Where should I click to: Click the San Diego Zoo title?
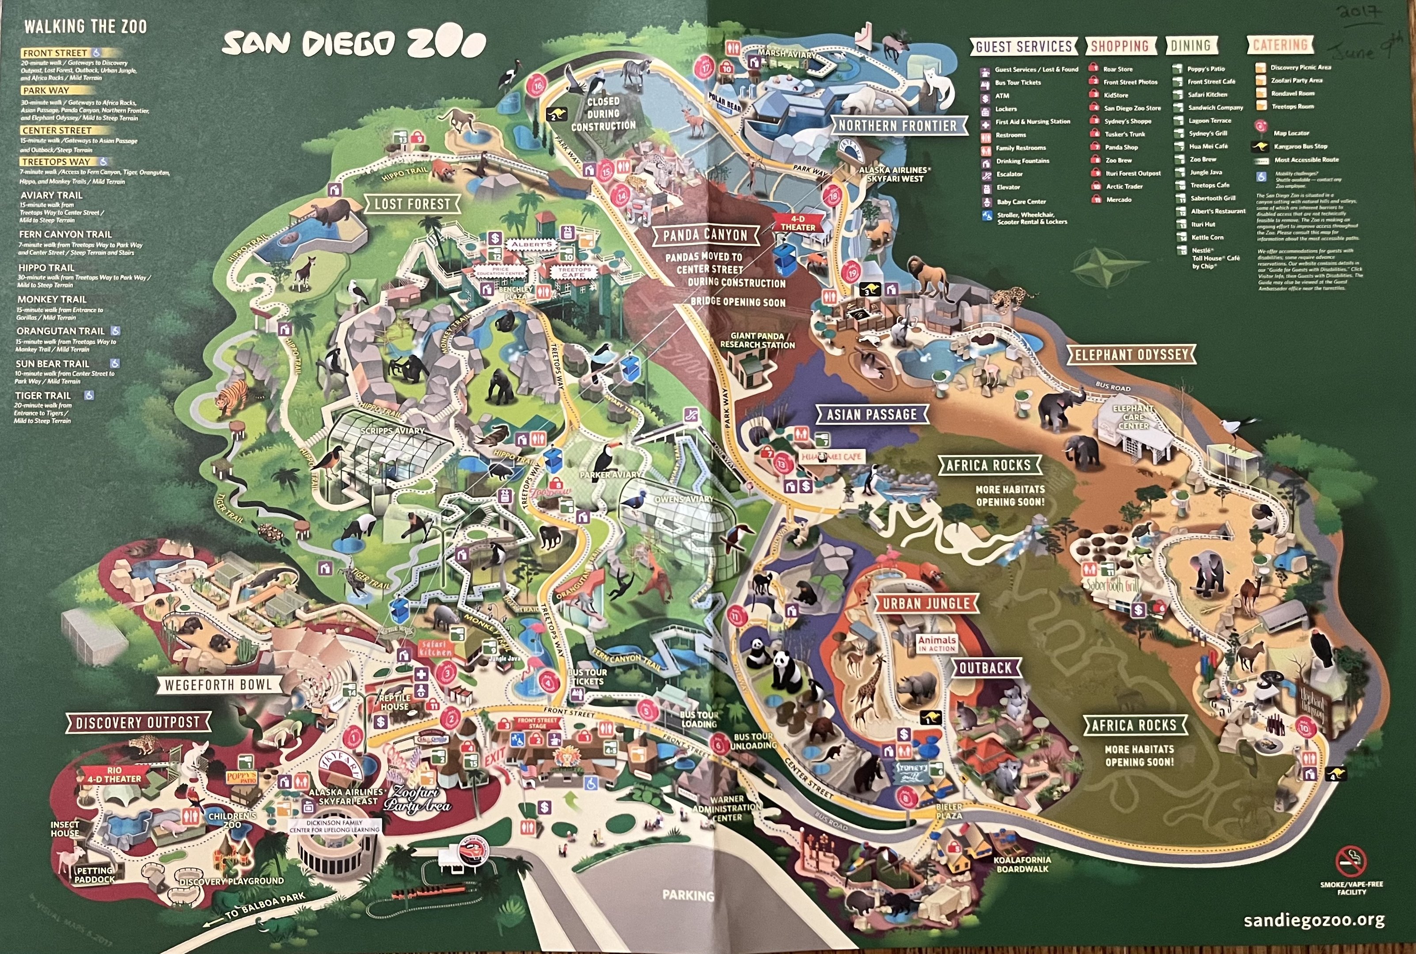tap(353, 44)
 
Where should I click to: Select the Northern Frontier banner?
tap(898, 126)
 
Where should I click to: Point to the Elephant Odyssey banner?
tap(1131, 355)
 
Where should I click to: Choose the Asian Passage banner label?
tap(871, 415)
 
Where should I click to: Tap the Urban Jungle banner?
tap(926, 604)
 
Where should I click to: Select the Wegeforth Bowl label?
tap(218, 685)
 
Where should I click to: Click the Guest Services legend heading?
tap(1024, 46)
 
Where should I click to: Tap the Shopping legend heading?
tap(1120, 45)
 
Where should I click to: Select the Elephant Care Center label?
tap(1133, 417)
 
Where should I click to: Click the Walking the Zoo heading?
tap(85, 27)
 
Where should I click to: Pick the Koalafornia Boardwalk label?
tap(1022, 864)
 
